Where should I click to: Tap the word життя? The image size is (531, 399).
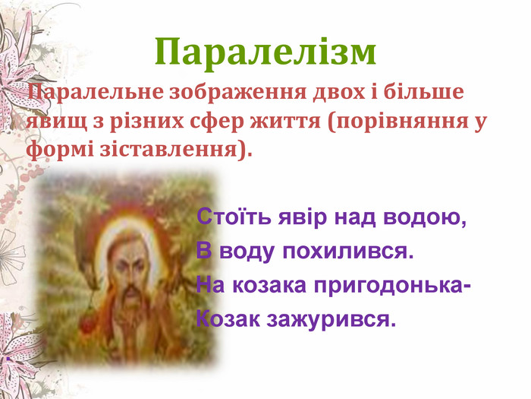point(285,122)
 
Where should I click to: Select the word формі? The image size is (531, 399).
point(60,150)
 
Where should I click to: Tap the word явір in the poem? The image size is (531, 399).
point(303,217)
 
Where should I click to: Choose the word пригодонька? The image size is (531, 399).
point(392,286)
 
